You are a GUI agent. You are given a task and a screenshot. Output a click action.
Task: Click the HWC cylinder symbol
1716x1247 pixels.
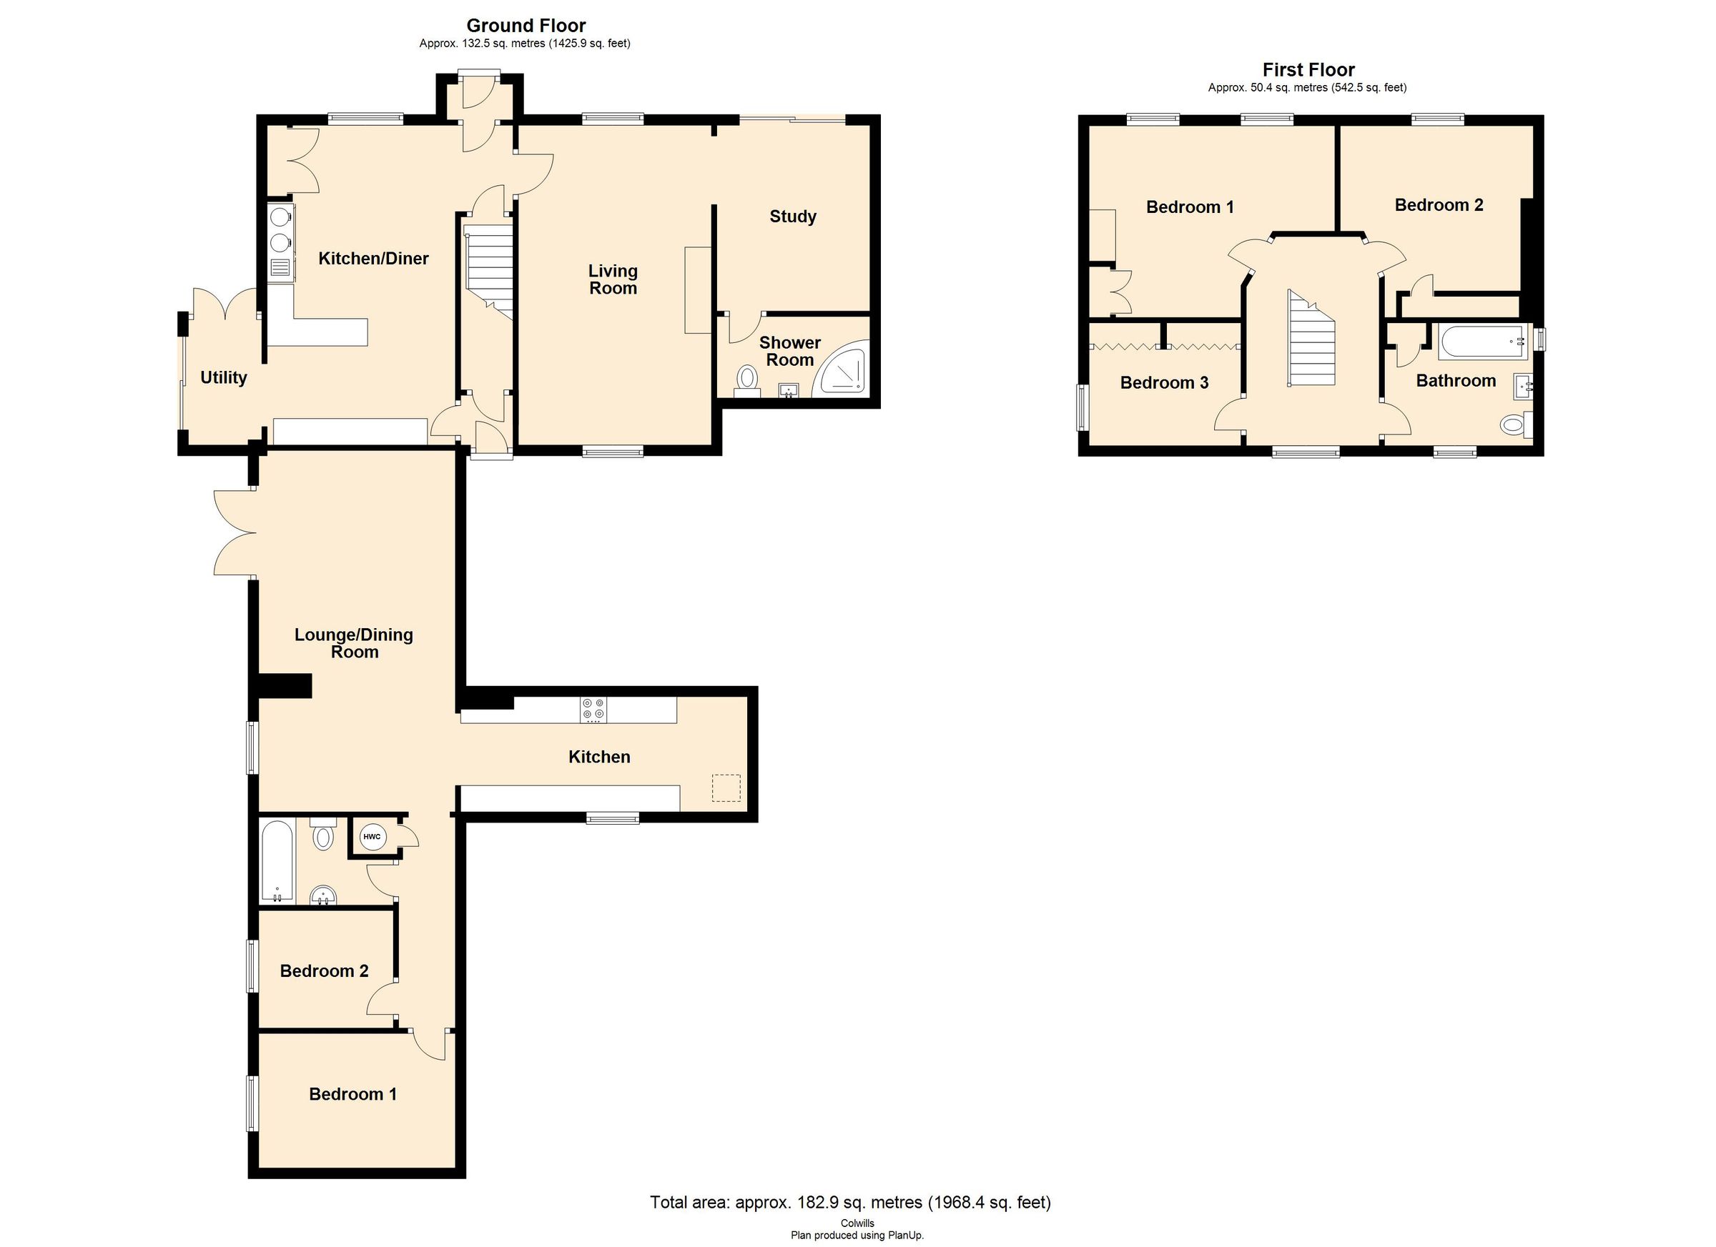click(372, 836)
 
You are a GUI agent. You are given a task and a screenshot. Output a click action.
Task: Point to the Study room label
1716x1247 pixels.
click(792, 217)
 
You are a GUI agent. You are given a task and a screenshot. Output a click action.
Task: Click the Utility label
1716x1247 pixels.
click(223, 377)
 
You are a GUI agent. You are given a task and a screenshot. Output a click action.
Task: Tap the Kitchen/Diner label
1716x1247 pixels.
click(373, 259)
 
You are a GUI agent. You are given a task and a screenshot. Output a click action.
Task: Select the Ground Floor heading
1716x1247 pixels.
click(525, 26)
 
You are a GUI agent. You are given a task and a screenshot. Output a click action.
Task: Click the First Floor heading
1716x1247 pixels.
click(1308, 69)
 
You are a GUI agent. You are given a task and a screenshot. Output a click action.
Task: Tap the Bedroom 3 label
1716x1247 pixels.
click(1164, 382)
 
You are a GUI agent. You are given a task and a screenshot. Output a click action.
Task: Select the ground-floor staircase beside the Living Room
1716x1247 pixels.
click(490, 274)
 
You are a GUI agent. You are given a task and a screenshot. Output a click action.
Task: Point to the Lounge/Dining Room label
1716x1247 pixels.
click(353, 642)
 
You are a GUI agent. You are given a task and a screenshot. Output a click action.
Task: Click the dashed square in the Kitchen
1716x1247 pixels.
click(726, 788)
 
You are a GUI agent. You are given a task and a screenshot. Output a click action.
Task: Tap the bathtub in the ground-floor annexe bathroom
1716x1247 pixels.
click(277, 861)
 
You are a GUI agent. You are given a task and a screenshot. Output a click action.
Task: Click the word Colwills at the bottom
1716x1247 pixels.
click(857, 1223)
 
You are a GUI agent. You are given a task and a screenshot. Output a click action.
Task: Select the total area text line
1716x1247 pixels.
click(849, 1202)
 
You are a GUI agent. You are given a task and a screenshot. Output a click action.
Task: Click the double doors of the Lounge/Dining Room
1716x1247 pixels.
click(235, 534)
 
